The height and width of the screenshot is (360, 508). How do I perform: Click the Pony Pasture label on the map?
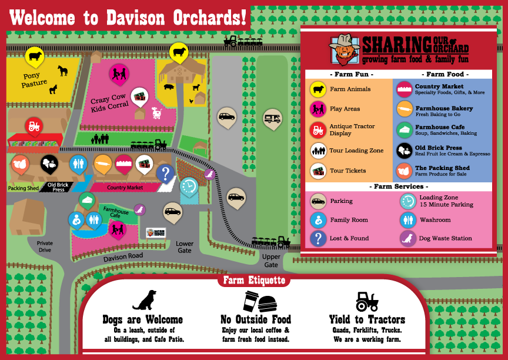coord(35,80)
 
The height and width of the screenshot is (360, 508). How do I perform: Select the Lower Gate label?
coord(185,246)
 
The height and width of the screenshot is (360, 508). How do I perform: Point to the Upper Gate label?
coord(271,261)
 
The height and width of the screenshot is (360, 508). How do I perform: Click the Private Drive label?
coord(45,246)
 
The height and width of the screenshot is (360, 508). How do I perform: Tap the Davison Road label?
coord(123,258)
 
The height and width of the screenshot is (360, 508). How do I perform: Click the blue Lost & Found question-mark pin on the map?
coord(165,174)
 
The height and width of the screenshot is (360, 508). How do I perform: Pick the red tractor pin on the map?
coord(34,126)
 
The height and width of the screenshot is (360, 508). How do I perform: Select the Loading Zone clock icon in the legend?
coord(407,201)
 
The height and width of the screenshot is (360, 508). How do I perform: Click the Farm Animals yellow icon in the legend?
coord(318,89)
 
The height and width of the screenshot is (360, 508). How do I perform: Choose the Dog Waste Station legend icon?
coord(407,238)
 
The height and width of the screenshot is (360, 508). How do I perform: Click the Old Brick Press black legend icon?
coord(405,151)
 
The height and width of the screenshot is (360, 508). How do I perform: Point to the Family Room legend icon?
coord(318,220)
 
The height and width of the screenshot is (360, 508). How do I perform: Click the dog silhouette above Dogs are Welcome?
coord(145,300)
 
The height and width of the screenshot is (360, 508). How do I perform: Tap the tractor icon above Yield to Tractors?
coord(367,301)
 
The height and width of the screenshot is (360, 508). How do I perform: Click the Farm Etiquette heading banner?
coord(254,280)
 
